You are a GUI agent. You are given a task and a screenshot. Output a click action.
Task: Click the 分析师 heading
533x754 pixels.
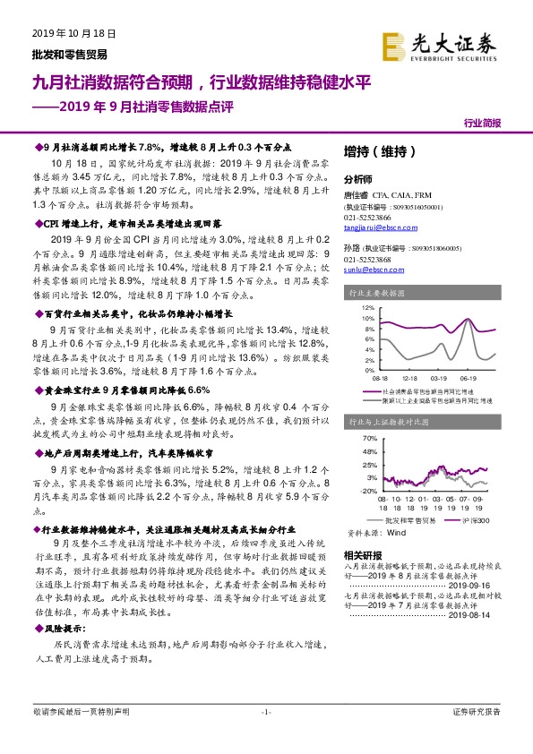[x=357, y=178]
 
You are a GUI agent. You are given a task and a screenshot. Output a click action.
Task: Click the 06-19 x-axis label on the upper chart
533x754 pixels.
[x=466, y=376]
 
